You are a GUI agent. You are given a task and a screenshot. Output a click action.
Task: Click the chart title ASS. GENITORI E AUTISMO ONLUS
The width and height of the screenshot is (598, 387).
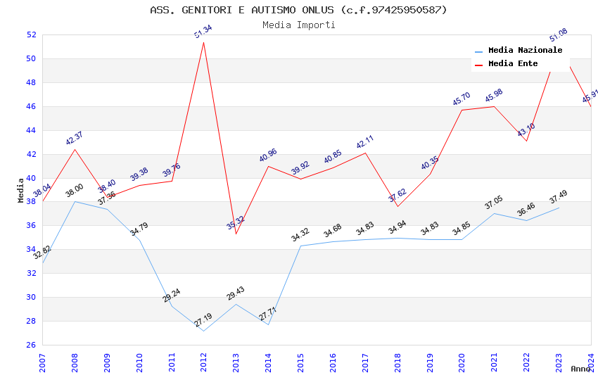pyautogui.click(x=298, y=10)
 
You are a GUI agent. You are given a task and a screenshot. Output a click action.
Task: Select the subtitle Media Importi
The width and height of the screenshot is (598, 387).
pyautogui.click(x=298, y=25)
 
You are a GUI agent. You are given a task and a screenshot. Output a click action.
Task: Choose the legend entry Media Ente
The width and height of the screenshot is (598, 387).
pyautogui.click(x=513, y=63)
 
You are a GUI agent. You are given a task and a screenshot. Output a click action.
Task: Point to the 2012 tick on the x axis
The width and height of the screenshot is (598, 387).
pyautogui.click(x=204, y=362)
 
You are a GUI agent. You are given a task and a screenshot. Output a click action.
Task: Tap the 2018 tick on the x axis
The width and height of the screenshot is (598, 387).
pyautogui.click(x=398, y=362)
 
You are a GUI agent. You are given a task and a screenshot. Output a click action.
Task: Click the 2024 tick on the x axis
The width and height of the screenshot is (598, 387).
pyautogui.click(x=591, y=362)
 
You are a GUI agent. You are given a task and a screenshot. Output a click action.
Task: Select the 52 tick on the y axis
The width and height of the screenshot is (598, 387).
pyautogui.click(x=31, y=34)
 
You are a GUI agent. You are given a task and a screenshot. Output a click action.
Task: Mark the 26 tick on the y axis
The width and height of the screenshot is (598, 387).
pyautogui.click(x=31, y=345)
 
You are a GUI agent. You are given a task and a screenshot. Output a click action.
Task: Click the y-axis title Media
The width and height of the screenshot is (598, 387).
pyautogui.click(x=20, y=190)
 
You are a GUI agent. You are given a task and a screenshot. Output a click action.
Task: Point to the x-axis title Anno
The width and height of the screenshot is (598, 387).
pyautogui.click(x=580, y=369)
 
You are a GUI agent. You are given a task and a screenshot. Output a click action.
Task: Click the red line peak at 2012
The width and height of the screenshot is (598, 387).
pyautogui.click(x=204, y=42)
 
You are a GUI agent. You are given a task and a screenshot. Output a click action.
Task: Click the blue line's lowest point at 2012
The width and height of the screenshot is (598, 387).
pyautogui.click(x=204, y=331)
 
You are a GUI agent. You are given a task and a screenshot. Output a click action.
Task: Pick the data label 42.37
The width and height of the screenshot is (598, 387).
pyautogui.click(x=74, y=138)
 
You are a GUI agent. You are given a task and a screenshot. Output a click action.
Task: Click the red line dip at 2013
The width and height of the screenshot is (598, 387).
pyautogui.click(x=236, y=234)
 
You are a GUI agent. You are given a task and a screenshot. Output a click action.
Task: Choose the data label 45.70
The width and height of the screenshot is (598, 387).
pyautogui.click(x=461, y=99)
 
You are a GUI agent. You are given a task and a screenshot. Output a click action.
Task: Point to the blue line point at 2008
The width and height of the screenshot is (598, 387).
pyautogui.click(x=75, y=202)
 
